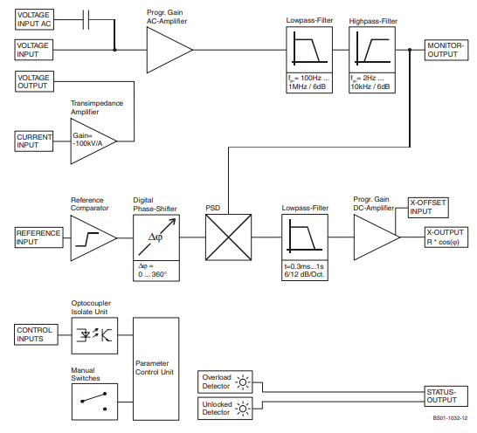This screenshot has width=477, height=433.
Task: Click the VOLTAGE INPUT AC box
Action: click(x=34, y=19)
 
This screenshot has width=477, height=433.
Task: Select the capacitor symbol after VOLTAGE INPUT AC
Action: click(x=86, y=19)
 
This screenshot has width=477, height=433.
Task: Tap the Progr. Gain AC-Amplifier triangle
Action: click(x=169, y=50)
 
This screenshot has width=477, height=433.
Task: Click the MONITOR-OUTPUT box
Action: click(x=446, y=50)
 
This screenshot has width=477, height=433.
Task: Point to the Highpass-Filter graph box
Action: click(x=372, y=50)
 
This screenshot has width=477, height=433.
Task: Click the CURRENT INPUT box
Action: click(x=34, y=141)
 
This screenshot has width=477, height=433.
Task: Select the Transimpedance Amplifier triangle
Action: click(x=93, y=141)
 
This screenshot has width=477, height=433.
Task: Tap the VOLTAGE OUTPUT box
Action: click(x=34, y=81)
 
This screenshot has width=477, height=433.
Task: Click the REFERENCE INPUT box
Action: click(x=39, y=237)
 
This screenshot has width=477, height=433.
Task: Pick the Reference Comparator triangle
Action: click(x=93, y=238)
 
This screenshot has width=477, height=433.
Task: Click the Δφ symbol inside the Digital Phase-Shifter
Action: click(x=156, y=237)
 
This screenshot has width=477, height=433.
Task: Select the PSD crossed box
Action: click(x=229, y=237)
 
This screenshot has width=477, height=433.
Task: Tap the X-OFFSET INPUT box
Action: click(x=428, y=208)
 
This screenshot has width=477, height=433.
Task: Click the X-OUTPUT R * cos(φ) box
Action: click(x=446, y=237)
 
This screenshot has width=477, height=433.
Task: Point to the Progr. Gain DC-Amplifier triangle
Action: click(x=377, y=237)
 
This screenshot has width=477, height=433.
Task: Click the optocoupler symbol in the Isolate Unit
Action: click(x=94, y=335)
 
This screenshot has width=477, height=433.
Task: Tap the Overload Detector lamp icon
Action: click(x=243, y=381)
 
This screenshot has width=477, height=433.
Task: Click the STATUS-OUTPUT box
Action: click(x=446, y=396)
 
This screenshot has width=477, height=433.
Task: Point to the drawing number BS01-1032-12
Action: click(x=450, y=418)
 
